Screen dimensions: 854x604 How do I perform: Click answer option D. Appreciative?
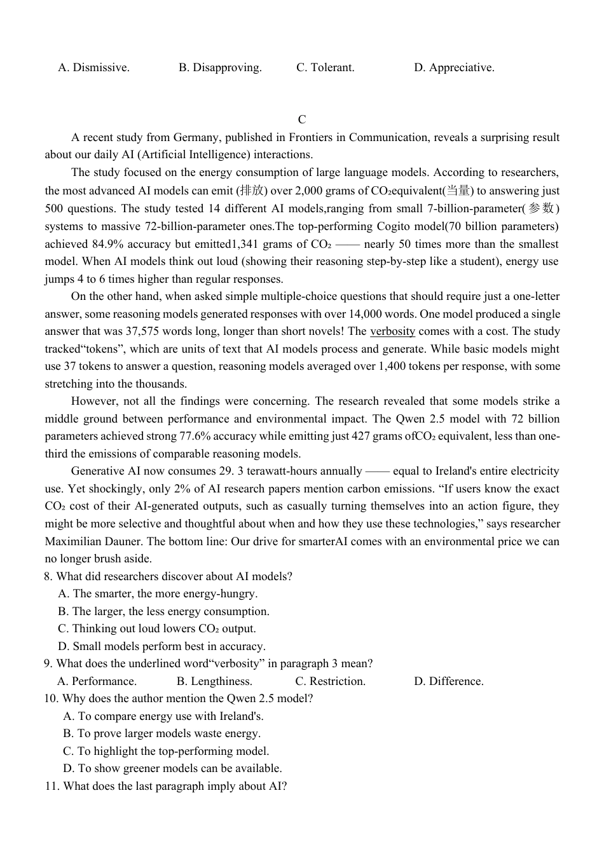[454, 67]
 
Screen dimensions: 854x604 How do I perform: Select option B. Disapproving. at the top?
[220, 67]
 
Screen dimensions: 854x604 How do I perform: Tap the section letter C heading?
[302, 119]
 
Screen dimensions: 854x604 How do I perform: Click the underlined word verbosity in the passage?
[392, 331]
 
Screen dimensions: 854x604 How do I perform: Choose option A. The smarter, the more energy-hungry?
[157, 593]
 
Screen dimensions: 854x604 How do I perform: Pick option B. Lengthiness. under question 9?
[214, 681]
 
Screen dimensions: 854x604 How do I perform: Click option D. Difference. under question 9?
[449, 681]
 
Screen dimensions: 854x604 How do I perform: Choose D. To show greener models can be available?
[172, 768]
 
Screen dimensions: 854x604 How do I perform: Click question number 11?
[51, 786]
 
